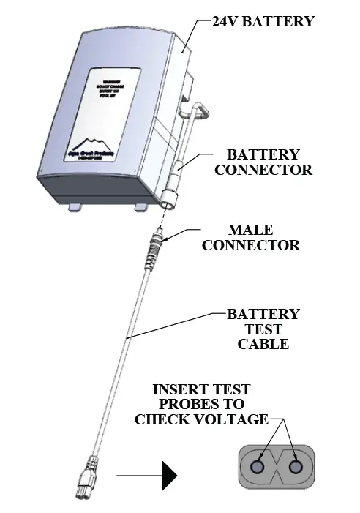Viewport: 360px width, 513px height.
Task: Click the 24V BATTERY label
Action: click(263, 21)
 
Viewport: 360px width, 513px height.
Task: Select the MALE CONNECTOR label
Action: click(250, 238)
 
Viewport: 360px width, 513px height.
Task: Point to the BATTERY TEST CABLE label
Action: click(263, 329)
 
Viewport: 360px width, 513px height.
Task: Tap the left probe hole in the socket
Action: click(258, 466)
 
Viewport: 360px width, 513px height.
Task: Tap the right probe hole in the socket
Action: click(296, 466)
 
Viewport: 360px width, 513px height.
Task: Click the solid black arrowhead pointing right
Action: click(169, 476)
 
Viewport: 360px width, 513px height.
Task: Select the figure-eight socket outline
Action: click(277, 466)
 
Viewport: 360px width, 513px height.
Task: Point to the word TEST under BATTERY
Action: click(263, 329)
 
